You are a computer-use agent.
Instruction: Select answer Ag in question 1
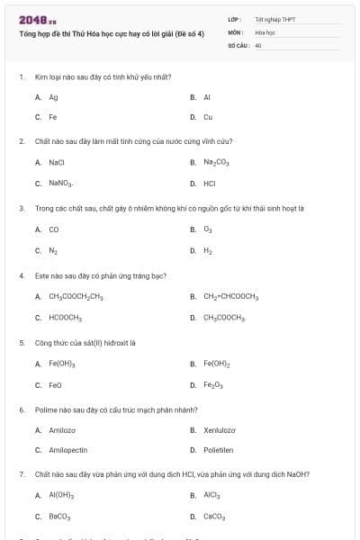(54, 96)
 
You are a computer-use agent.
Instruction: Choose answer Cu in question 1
(207, 117)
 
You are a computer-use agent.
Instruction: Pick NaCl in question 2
(56, 162)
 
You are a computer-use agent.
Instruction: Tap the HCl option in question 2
(209, 183)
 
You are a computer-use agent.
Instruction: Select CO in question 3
(54, 229)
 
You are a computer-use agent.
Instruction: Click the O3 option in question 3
(207, 229)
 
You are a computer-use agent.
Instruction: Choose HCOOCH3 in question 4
(66, 317)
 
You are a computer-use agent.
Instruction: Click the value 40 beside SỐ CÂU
(258, 43)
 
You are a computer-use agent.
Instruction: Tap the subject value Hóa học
(265, 31)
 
